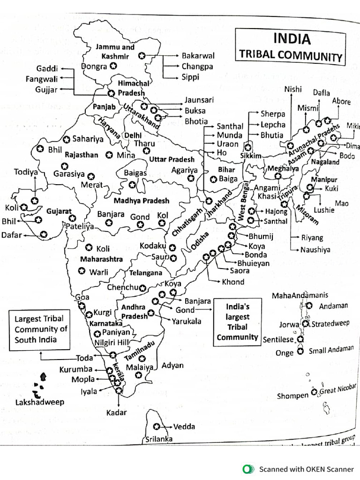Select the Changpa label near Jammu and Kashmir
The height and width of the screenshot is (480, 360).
(x=197, y=66)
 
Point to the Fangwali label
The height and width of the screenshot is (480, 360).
(x=42, y=79)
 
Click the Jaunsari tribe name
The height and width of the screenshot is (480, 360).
(x=199, y=100)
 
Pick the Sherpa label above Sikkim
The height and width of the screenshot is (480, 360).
(x=273, y=114)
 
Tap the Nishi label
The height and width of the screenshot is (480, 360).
(x=293, y=89)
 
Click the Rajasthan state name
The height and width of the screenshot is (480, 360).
(x=82, y=154)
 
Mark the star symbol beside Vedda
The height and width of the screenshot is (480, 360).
(x=157, y=426)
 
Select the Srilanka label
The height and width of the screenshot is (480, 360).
(x=159, y=439)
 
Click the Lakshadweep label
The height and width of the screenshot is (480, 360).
(x=40, y=402)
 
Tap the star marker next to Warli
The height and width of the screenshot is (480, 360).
(x=82, y=271)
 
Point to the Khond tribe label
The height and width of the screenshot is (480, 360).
(x=233, y=282)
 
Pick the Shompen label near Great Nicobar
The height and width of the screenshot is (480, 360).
(x=292, y=396)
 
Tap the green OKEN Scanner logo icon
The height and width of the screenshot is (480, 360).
(x=247, y=469)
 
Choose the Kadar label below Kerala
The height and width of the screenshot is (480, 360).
(x=117, y=412)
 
